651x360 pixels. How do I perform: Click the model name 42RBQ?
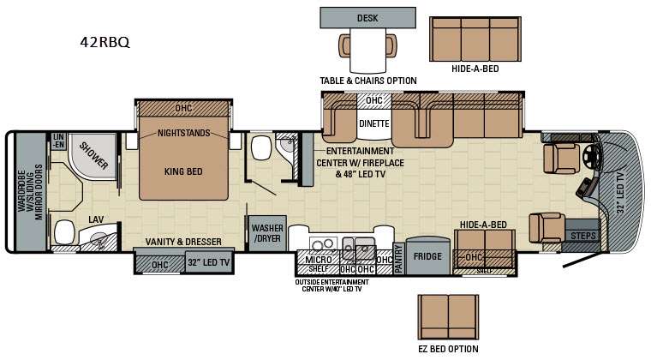105,42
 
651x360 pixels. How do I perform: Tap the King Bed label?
183,171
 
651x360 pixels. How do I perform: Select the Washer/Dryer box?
267,233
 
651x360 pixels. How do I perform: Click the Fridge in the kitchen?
427,256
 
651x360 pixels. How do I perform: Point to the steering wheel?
590,156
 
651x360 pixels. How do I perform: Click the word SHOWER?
94,156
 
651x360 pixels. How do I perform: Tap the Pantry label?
398,259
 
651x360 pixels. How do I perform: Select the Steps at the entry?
583,236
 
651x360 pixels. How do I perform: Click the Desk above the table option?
367,18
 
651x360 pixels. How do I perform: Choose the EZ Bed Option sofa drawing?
448,317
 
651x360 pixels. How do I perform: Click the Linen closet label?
58,141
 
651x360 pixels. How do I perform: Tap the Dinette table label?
374,123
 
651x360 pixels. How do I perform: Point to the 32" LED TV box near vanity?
208,262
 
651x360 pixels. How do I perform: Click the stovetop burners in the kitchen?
324,244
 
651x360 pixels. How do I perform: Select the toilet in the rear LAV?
64,231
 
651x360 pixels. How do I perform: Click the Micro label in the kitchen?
319,260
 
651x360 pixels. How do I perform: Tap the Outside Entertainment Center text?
331,285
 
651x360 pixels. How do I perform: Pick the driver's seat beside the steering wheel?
561,159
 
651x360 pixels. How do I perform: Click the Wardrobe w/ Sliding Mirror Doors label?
30,192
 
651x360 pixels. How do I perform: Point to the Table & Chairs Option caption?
368,81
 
